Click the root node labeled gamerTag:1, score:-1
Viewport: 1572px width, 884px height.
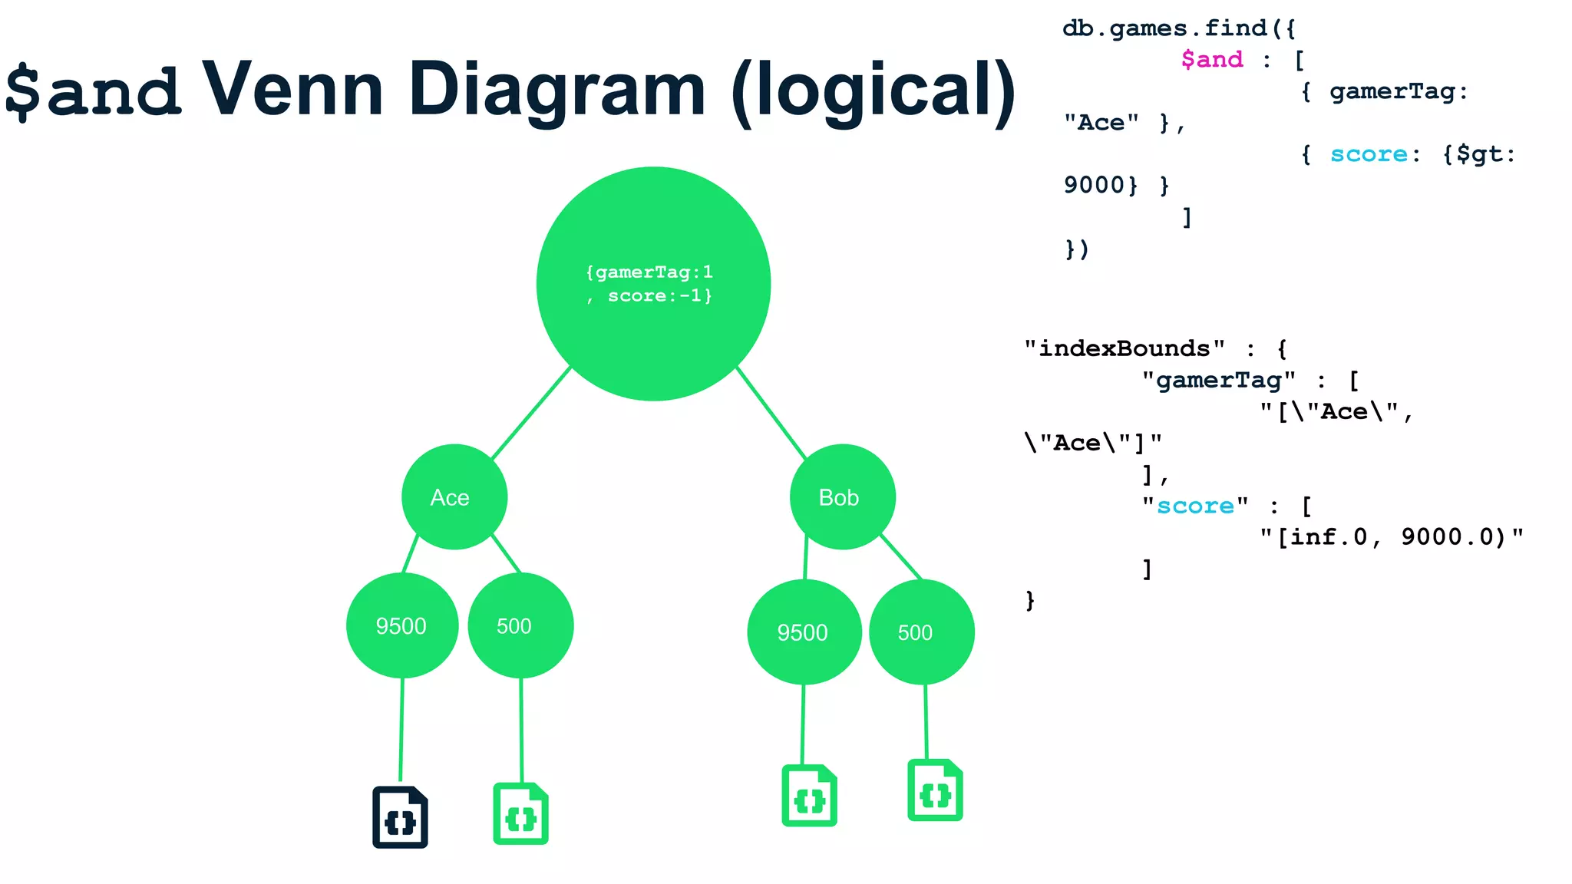(x=653, y=284)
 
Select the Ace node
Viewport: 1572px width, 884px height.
(x=454, y=497)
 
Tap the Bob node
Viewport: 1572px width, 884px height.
(x=842, y=497)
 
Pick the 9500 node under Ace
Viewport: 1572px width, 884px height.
(x=401, y=625)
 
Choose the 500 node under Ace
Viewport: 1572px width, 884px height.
(x=520, y=625)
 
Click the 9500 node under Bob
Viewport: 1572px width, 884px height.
(x=804, y=632)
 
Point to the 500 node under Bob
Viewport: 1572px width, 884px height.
(x=921, y=632)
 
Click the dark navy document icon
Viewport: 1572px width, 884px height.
(x=400, y=817)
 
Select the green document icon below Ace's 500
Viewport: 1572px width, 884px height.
(x=520, y=814)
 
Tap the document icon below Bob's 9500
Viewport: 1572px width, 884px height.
(x=809, y=796)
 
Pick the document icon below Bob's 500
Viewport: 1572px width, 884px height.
(x=935, y=790)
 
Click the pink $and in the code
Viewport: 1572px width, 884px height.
(x=1212, y=59)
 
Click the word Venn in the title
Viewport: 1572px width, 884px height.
(x=292, y=90)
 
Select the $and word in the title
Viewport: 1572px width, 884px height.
(x=94, y=91)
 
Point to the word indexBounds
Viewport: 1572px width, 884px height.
(x=1125, y=348)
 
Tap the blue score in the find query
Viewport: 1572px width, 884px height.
(x=1369, y=154)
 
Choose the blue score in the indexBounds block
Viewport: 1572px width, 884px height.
(x=1195, y=506)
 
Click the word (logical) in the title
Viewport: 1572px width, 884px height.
(x=874, y=91)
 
